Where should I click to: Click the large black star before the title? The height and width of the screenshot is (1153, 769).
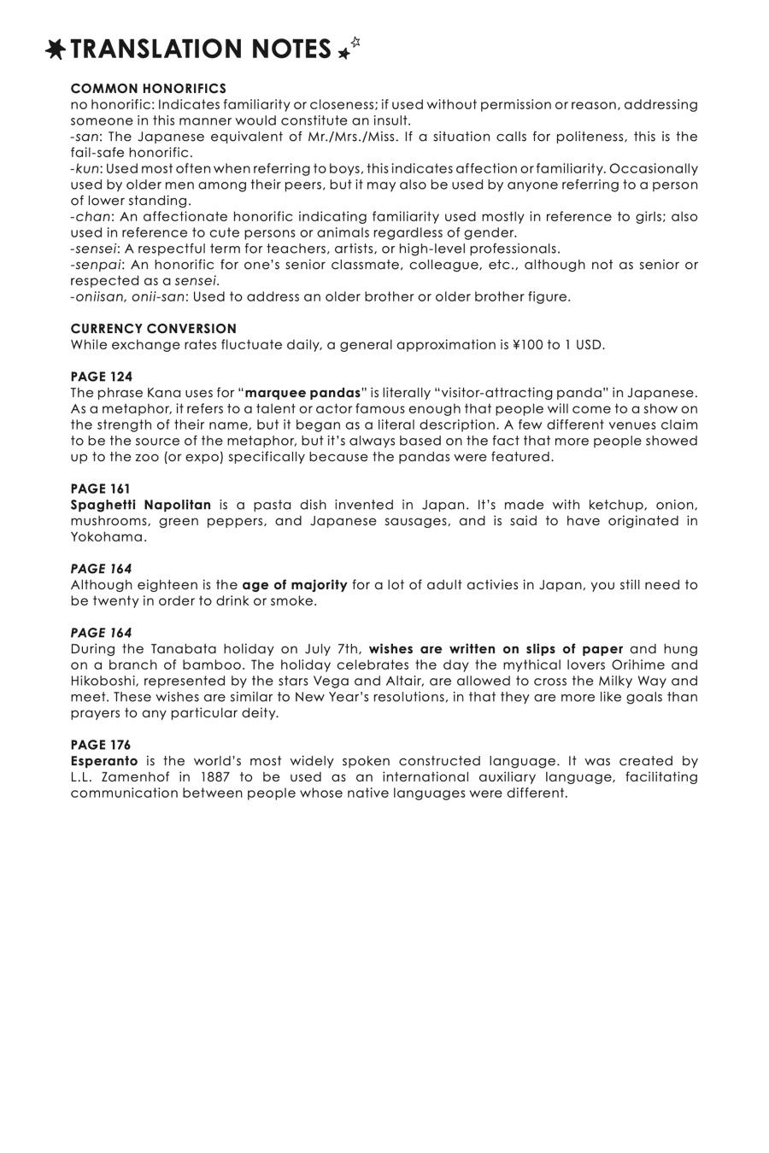pyautogui.click(x=56, y=50)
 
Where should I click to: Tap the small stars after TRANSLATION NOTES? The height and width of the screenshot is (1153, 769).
pyautogui.click(x=349, y=49)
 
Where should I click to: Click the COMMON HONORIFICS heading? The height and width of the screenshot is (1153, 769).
pyautogui.click(x=149, y=89)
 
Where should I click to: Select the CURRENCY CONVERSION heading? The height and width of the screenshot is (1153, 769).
pyautogui.click(x=154, y=329)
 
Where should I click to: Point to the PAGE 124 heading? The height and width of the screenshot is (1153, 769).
pyautogui.click(x=102, y=377)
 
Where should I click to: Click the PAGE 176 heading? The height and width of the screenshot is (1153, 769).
pyautogui.click(x=102, y=745)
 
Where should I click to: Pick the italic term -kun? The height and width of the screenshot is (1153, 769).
pyautogui.click(x=85, y=169)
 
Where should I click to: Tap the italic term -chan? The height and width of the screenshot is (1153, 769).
pyautogui.click(x=91, y=217)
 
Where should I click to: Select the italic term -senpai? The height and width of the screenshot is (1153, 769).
pyautogui.click(x=96, y=265)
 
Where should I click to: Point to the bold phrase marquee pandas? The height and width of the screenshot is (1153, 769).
pyautogui.click(x=302, y=393)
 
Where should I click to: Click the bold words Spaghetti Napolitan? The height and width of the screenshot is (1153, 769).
pyautogui.click(x=141, y=505)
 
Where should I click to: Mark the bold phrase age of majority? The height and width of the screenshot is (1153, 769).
pyautogui.click(x=295, y=585)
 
